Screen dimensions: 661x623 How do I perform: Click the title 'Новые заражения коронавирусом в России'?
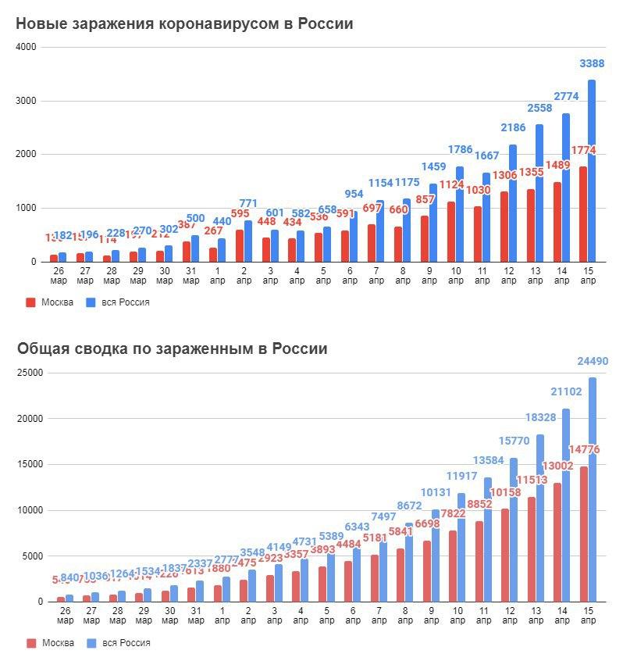coord(185,24)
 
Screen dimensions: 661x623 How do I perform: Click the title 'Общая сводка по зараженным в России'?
coord(173,348)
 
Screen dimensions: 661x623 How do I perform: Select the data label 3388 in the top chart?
coord(591,64)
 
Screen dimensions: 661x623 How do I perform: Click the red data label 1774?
coord(584,149)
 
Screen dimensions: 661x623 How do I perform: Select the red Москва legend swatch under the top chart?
coord(31,302)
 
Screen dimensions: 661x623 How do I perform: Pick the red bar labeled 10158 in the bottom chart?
coord(505,555)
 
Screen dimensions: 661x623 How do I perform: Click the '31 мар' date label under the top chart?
coord(192,276)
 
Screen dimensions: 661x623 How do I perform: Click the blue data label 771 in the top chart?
coord(248,204)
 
